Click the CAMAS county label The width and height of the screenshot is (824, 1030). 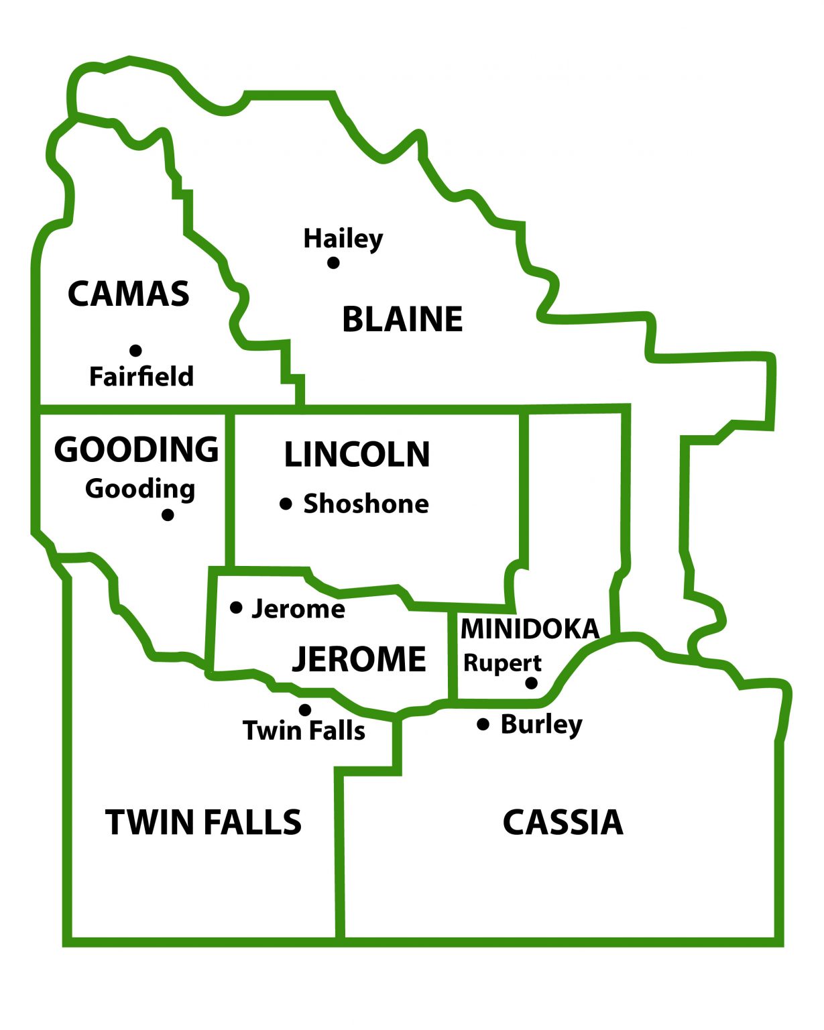(x=129, y=294)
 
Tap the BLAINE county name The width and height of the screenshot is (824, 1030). (x=402, y=319)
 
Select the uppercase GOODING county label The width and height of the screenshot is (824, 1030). (x=137, y=449)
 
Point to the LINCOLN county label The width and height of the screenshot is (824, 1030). (x=357, y=455)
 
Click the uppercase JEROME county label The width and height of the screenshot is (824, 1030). (x=359, y=659)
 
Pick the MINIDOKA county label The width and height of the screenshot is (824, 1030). (x=530, y=629)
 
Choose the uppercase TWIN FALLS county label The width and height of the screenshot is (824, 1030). (x=204, y=822)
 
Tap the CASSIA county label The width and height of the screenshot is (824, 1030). (x=563, y=822)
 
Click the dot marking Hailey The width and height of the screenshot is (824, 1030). (x=333, y=262)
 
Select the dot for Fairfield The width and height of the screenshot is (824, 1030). (x=135, y=350)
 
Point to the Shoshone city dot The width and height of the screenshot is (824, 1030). (x=286, y=504)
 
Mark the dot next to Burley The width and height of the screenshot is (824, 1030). (x=483, y=724)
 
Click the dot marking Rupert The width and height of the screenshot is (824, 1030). (x=531, y=683)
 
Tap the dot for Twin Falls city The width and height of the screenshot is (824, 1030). (x=305, y=709)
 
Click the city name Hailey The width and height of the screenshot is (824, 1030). (x=343, y=239)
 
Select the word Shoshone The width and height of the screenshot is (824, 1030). (x=366, y=504)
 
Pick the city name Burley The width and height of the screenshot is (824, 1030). (x=542, y=724)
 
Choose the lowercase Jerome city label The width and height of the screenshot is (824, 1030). (x=298, y=609)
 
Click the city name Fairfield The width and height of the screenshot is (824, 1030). (x=141, y=377)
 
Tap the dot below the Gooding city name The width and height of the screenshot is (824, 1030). (x=168, y=514)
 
